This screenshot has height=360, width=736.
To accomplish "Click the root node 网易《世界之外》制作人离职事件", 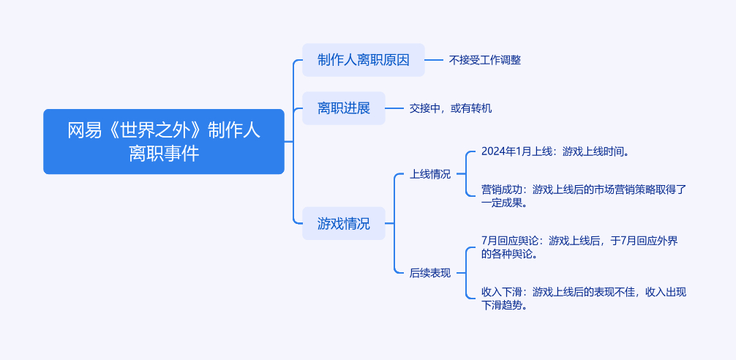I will coord(163,141).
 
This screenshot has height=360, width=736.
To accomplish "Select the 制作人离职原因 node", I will coord(363,60).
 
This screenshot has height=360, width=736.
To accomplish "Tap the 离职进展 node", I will coord(343,108).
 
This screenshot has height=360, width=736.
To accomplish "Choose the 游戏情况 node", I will coord(343,224).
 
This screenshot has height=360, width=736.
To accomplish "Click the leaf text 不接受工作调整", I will coord(485,60).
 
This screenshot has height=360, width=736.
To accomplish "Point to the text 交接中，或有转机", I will coord(450,108).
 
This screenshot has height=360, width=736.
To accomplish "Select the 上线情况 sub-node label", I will coord(430,174).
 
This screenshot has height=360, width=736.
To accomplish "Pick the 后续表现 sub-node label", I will coord(430,273).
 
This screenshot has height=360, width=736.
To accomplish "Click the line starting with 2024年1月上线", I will coord(555,151).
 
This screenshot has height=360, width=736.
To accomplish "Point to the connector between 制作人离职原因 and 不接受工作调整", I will coord(435,60).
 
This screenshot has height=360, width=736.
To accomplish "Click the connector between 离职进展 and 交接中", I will coord(395,108).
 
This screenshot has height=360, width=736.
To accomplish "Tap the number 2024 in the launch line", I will coord(493,151).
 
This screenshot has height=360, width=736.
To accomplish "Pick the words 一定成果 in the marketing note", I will coord(506,203).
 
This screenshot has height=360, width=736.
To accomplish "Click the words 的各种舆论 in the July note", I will coord(510,255).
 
